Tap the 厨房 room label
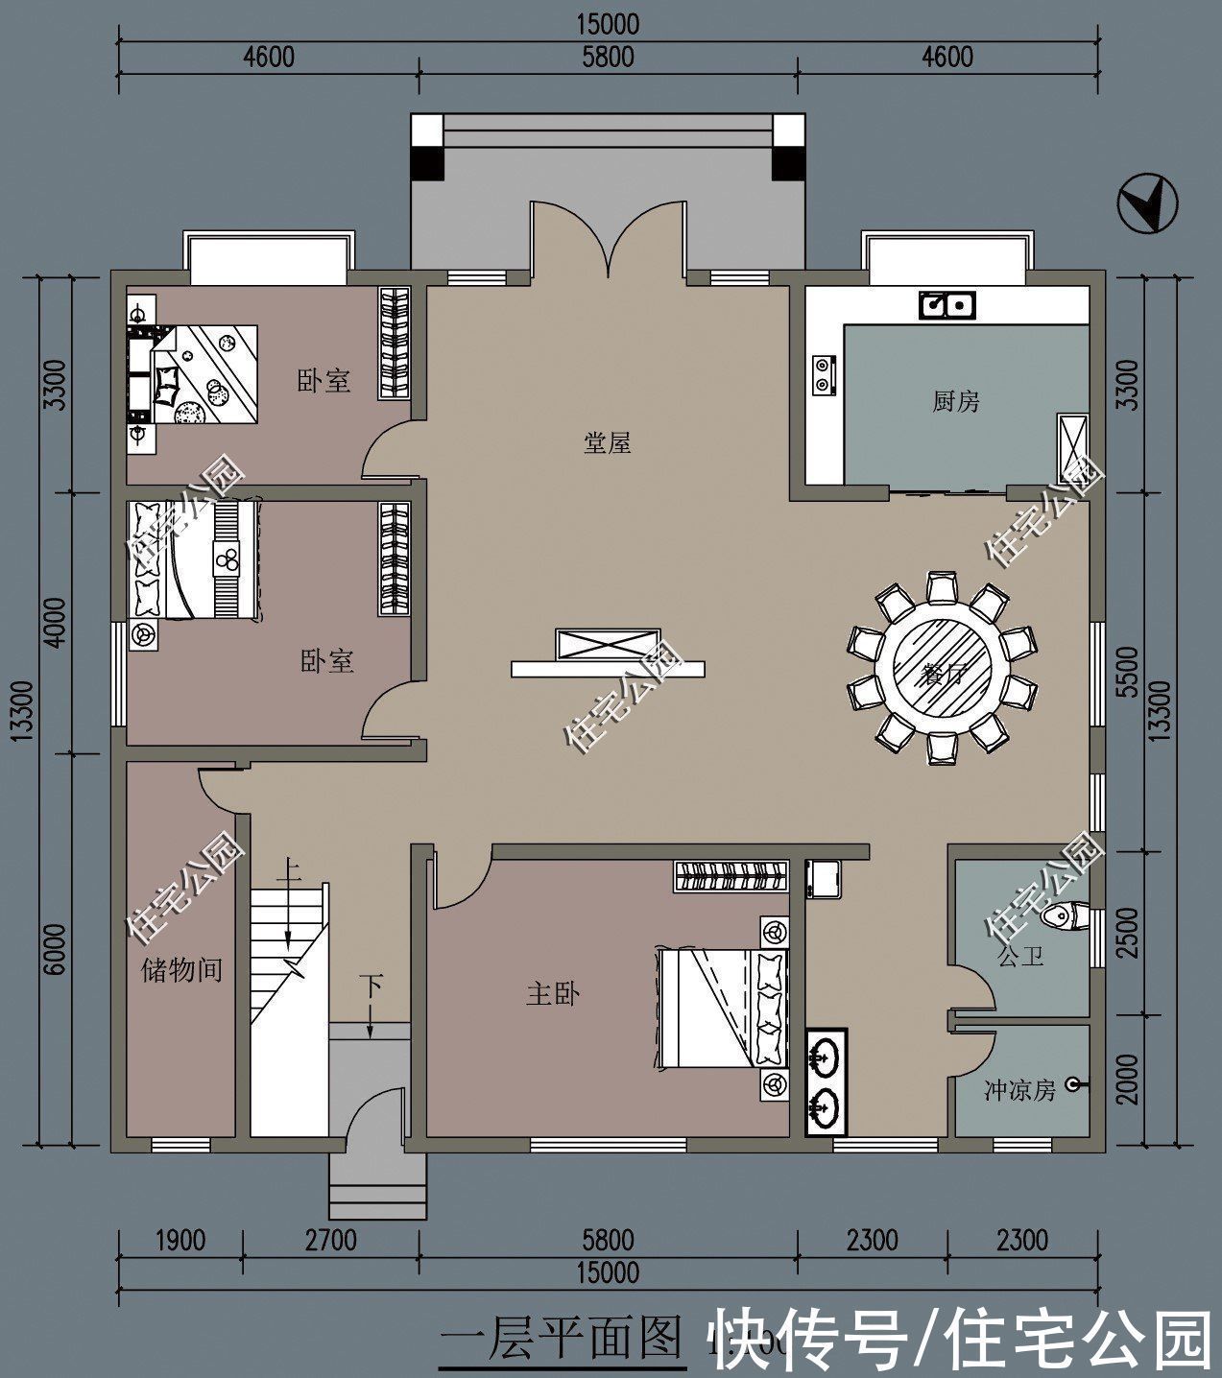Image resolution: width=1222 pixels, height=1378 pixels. click(x=955, y=401)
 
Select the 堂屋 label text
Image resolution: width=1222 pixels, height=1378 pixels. click(x=607, y=443)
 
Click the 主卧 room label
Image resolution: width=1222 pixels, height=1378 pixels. click(x=553, y=994)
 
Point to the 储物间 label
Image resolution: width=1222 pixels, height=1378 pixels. click(x=181, y=970)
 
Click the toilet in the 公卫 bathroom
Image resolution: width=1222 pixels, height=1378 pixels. click(x=1064, y=917)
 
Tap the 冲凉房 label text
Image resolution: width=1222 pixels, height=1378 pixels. click(x=1019, y=1091)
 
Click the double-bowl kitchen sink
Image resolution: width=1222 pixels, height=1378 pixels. click(x=946, y=305)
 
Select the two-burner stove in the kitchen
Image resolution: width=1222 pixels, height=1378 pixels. click(x=824, y=375)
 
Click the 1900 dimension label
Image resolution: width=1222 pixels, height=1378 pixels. click(x=179, y=1240)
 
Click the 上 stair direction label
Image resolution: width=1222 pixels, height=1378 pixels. click(x=287, y=873)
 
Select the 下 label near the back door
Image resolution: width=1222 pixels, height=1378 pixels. click(x=372, y=986)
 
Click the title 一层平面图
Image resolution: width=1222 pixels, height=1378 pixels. click(x=561, y=1340)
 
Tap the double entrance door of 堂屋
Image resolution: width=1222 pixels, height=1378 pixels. click(x=607, y=240)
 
